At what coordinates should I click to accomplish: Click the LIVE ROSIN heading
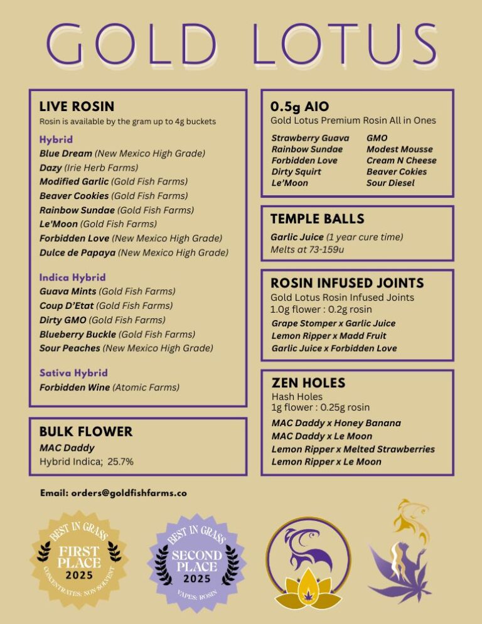pyautogui.click(x=77, y=107)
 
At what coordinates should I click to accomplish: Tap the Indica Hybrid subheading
pyautogui.click(x=72, y=277)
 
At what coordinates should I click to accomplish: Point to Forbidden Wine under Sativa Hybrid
pyautogui.click(x=75, y=387)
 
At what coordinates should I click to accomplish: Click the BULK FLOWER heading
pyautogui.click(x=86, y=432)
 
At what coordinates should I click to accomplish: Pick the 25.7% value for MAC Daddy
pyautogui.click(x=120, y=461)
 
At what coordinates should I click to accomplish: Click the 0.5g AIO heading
pyautogui.click(x=299, y=106)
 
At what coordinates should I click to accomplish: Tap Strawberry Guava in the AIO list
pyautogui.click(x=310, y=138)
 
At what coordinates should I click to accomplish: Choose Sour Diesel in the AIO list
pyautogui.click(x=390, y=183)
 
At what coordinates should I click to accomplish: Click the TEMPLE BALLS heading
pyautogui.click(x=317, y=219)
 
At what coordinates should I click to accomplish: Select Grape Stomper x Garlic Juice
pyautogui.click(x=333, y=324)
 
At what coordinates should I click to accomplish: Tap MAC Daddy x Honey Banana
pyautogui.click(x=336, y=424)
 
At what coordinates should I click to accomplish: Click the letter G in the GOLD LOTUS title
pyautogui.click(x=71, y=45)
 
